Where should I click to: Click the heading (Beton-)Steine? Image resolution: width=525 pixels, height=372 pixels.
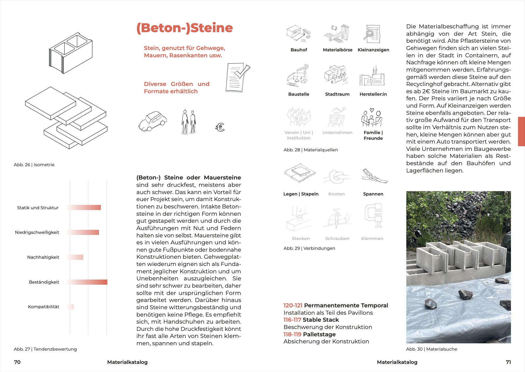click(x=184, y=28)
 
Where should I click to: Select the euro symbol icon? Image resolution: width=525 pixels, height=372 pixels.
click(x=220, y=127)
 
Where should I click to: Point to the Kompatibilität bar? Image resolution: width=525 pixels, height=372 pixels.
click(x=70, y=307)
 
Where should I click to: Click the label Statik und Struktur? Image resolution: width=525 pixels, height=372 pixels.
click(x=38, y=208)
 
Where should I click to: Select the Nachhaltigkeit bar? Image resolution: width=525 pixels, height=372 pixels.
click(x=75, y=257)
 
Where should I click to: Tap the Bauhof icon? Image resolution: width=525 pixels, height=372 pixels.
click(x=299, y=34)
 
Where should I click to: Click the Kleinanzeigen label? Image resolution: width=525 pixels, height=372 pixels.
click(x=373, y=50)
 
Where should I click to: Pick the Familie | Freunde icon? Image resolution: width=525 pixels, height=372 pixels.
click(x=372, y=118)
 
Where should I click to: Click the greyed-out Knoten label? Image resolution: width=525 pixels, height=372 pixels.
click(x=336, y=194)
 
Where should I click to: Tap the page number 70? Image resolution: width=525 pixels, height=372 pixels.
click(x=17, y=362)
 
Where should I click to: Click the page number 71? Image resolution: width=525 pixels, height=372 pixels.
click(x=508, y=362)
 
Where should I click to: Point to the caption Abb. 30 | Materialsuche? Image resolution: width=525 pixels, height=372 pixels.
click(x=431, y=349)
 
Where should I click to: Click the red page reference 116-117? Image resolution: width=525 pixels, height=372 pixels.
click(x=292, y=320)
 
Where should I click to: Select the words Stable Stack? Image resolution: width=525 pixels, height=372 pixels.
click(x=321, y=320)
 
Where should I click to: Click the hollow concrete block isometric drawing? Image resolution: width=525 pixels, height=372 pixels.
click(x=71, y=53)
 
